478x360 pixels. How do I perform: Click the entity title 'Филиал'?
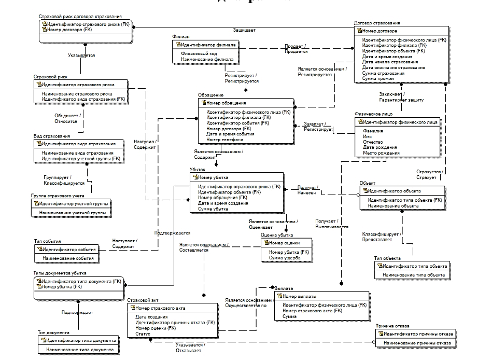(180, 37)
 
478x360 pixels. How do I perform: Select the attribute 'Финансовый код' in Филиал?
(199, 53)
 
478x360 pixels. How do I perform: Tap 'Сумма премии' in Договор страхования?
(378, 79)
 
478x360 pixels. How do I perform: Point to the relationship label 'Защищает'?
(244, 30)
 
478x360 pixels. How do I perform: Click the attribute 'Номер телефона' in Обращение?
(224, 140)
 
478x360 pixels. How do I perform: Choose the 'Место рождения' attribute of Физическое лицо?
(381, 153)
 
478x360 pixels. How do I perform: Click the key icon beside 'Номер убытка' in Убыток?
(194, 177)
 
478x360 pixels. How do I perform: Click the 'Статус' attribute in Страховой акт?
(143, 334)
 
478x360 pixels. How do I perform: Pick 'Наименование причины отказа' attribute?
(418, 343)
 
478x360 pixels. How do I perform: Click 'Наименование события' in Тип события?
(68, 258)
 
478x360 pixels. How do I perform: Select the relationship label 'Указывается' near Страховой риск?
(81, 54)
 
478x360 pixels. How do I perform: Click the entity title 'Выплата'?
(285, 288)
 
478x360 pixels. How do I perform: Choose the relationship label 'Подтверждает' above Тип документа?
(77, 312)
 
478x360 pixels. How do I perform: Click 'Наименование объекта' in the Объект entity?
(392, 206)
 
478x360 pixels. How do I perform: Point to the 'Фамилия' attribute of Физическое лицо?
(373, 131)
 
